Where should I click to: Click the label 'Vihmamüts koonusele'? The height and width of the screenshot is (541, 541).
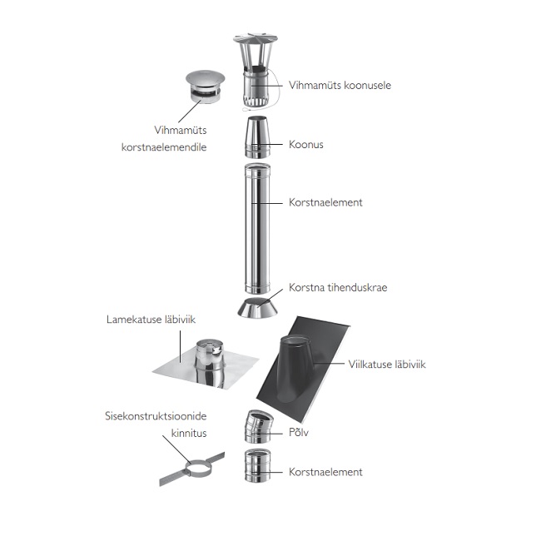pos(340,85)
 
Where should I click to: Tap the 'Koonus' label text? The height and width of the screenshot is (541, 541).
pos(306,144)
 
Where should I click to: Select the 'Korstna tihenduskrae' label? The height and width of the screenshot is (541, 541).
pos(338,287)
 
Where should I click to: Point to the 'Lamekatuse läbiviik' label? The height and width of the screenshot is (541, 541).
pos(151,319)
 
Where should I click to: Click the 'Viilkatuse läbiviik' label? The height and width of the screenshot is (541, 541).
pos(387,364)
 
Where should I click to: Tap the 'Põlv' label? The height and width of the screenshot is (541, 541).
pos(299,432)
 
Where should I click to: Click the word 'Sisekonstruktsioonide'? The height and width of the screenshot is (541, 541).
pos(156,416)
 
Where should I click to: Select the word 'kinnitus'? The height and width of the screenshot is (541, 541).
pos(189,433)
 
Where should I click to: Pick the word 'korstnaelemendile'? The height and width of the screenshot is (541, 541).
pos(164,147)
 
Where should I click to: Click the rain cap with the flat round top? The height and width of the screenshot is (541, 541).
pos(205,87)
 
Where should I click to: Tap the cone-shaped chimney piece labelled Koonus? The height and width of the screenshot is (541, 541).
pos(257,137)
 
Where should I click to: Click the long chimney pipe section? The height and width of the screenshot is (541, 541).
pos(257,229)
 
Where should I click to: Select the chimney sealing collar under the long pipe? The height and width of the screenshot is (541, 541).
pos(257,308)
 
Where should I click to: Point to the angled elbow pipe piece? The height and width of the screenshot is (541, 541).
pos(258,427)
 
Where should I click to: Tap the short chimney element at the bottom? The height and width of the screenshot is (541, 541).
pos(257,465)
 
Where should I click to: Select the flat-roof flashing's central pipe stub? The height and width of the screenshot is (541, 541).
pos(209,362)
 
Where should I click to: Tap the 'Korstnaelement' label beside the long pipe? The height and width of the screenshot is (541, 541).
pos(325,202)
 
